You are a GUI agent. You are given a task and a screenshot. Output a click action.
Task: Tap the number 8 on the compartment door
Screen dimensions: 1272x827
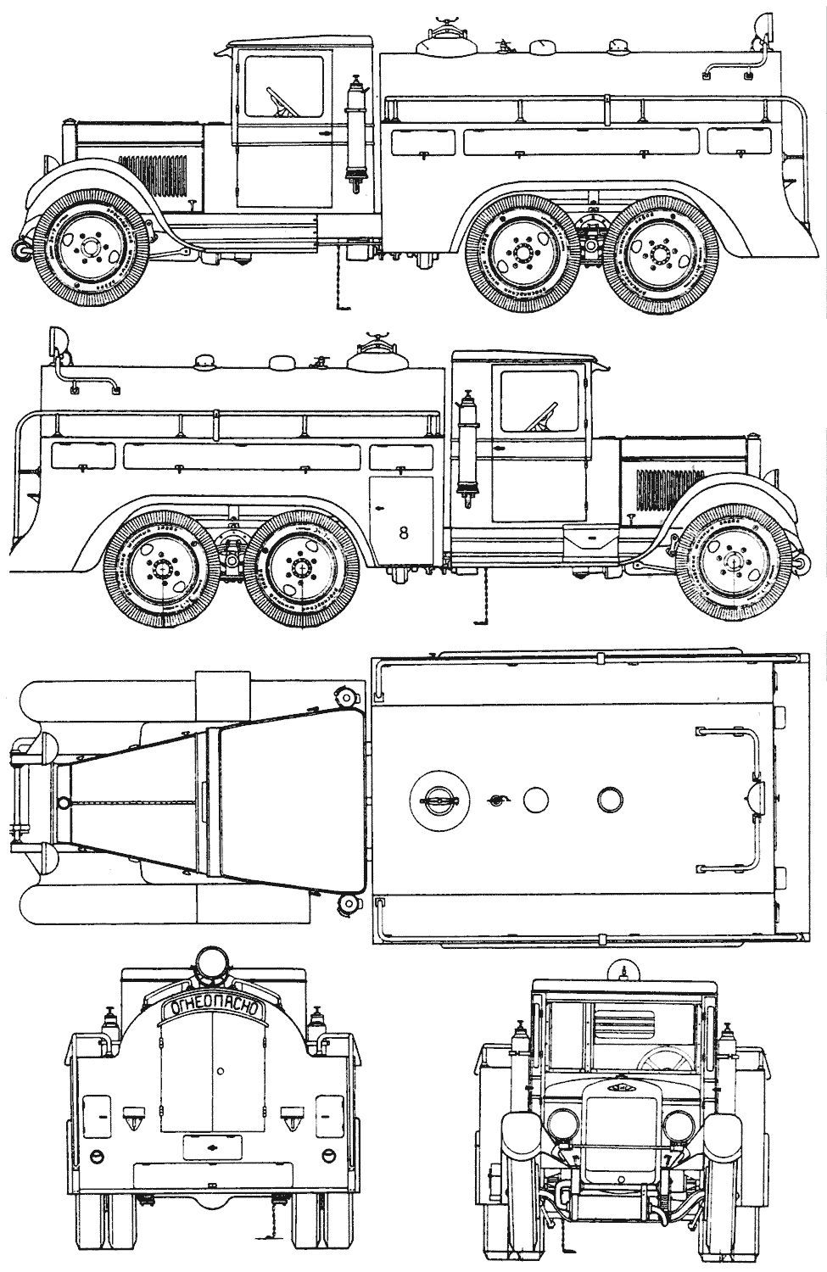403,532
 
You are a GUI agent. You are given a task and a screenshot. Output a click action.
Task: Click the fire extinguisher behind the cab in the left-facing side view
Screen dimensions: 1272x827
355,131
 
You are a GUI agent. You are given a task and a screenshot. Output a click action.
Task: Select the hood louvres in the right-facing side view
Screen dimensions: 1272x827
659,487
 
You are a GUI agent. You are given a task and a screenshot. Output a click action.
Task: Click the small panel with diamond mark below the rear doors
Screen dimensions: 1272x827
211,1145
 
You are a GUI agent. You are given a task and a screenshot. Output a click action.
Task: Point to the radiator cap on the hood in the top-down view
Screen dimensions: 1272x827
62,802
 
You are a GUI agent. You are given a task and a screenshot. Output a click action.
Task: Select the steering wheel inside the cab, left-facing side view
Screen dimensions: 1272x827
281,102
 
